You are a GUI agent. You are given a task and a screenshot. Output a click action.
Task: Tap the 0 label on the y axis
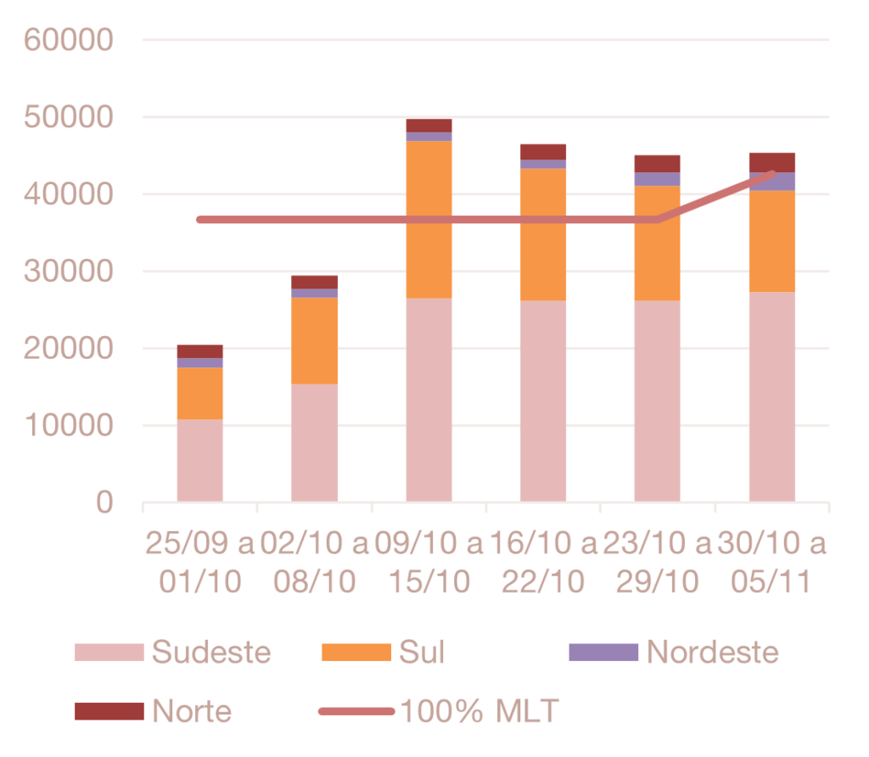104,502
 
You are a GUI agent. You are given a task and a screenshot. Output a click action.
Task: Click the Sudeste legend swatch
109,652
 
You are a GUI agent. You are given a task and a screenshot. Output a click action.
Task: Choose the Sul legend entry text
422,652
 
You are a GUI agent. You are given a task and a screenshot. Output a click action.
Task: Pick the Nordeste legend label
712,652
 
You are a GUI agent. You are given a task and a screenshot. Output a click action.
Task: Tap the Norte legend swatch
109,710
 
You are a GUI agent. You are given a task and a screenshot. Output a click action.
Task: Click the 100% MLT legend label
479,710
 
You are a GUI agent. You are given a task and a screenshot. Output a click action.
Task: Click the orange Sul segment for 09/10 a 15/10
429,219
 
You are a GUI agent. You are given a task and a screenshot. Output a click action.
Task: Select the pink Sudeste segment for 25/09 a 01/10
199,460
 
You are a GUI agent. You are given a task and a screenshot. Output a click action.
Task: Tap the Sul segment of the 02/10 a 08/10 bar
314,340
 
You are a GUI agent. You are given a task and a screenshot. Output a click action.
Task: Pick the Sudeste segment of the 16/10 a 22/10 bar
543,401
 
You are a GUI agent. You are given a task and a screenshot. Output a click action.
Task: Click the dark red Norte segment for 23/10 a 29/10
658,163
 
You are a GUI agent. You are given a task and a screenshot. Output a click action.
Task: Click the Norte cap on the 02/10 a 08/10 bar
314,282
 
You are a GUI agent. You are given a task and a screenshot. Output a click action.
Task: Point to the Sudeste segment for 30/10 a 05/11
772,396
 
